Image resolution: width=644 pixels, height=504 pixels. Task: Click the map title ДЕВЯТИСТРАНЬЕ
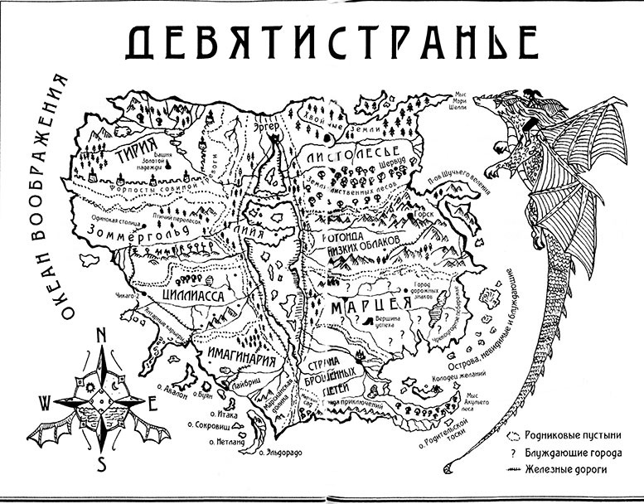(x=321, y=41)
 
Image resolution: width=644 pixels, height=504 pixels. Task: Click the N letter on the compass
(x=100, y=336)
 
